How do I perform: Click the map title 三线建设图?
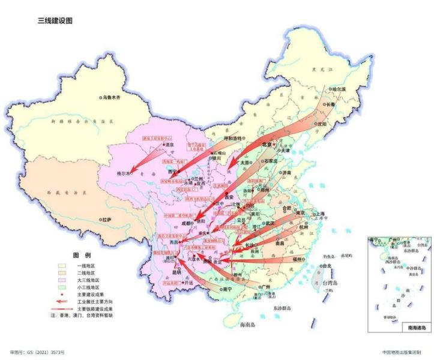[55, 20]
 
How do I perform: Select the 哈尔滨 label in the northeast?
[340, 89]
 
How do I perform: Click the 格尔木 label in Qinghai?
[124, 173]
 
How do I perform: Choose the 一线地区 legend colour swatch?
[62, 265]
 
